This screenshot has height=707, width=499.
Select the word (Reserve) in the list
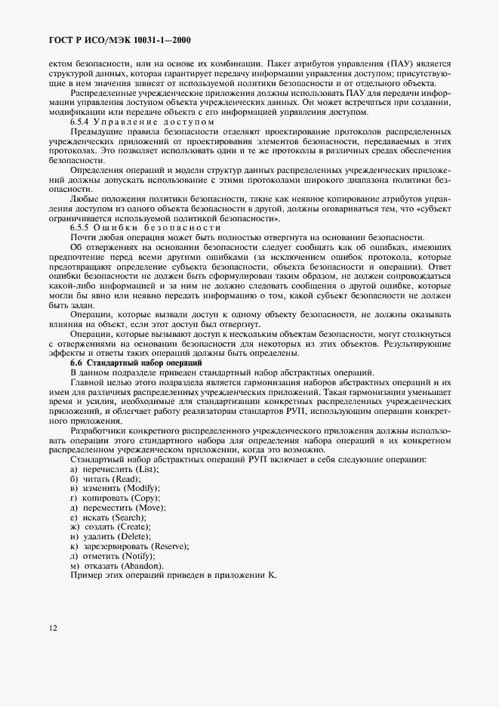click(x=170, y=546)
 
